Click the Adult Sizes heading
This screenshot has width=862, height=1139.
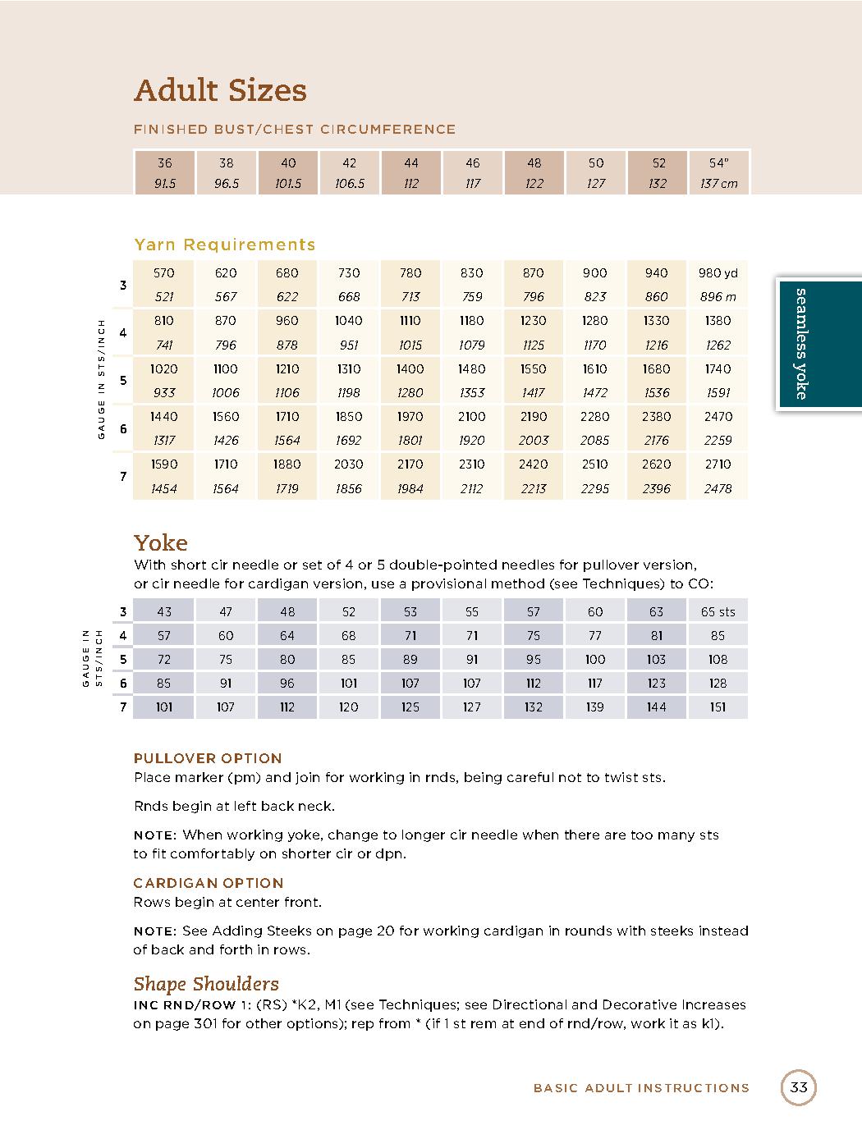pyautogui.click(x=220, y=90)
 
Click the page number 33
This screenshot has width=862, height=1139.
pyautogui.click(x=799, y=1088)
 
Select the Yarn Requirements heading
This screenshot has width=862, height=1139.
pyautogui.click(x=224, y=245)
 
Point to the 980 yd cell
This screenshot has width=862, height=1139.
pyautogui.click(x=718, y=273)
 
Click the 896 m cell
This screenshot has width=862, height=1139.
pyautogui.click(x=718, y=297)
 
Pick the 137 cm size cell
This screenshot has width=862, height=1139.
pyautogui.click(x=718, y=184)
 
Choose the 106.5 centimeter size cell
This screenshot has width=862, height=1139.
pyautogui.click(x=350, y=184)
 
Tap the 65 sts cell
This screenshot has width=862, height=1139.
pyautogui.click(x=718, y=611)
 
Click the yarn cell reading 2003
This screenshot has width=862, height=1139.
pyautogui.click(x=534, y=441)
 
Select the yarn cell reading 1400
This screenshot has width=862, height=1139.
pyautogui.click(x=410, y=369)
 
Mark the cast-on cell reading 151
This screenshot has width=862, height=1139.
pyautogui.click(x=718, y=707)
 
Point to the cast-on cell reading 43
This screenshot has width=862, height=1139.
pyautogui.click(x=164, y=611)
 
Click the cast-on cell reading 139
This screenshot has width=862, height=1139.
pyautogui.click(x=595, y=707)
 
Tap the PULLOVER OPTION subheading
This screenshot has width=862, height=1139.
pyautogui.click(x=208, y=758)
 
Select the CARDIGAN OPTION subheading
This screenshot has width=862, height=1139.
pyautogui.click(x=209, y=883)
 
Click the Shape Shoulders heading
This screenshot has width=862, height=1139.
pyautogui.click(x=206, y=984)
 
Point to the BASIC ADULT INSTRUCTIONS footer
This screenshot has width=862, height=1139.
pyautogui.click(x=641, y=1088)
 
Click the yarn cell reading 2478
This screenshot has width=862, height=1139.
pyautogui.click(x=718, y=489)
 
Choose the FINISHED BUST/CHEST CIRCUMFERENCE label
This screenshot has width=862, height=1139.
pyautogui.click(x=295, y=130)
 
